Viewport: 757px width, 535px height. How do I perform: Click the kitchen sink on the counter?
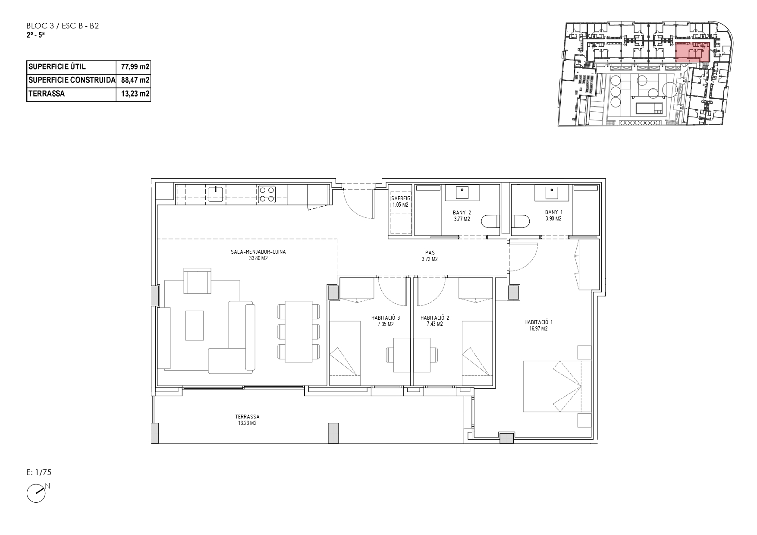(x=216, y=194)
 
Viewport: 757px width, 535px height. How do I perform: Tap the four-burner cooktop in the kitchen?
(x=267, y=194)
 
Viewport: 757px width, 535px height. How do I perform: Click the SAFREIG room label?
(x=399, y=198)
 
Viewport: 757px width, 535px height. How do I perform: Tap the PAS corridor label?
(x=430, y=253)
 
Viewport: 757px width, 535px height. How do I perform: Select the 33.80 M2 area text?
(x=258, y=259)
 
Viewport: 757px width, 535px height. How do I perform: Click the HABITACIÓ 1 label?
(x=538, y=322)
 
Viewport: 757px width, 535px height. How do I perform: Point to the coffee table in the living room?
(x=195, y=325)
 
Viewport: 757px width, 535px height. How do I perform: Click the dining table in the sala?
(x=299, y=331)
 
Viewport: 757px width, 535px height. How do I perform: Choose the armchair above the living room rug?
(x=197, y=280)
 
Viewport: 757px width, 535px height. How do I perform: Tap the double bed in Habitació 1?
(x=552, y=386)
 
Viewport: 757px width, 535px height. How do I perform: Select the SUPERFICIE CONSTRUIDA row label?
(x=72, y=80)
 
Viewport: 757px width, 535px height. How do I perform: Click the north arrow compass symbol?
(x=37, y=492)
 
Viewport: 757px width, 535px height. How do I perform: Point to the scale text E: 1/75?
(x=39, y=472)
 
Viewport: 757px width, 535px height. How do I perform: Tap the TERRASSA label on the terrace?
(x=247, y=417)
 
